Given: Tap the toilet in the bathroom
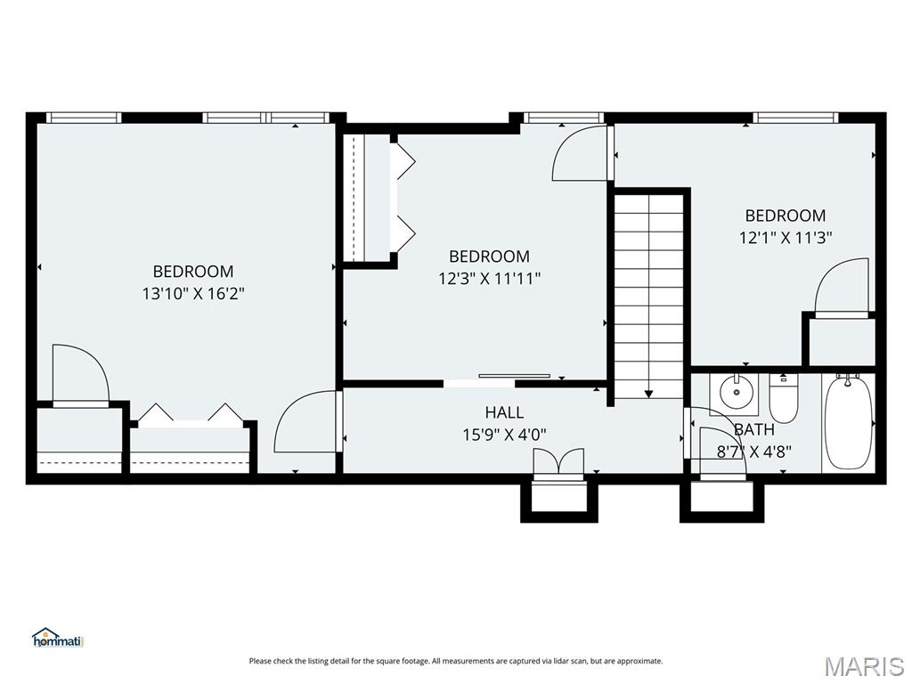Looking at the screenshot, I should click(783, 402).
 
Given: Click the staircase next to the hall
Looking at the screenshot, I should click(649, 294).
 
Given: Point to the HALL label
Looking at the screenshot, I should click(504, 412).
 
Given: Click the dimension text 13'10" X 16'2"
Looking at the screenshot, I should click(193, 293).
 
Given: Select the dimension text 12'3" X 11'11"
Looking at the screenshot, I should click(489, 278).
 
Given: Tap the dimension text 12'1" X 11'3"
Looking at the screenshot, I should click(786, 237).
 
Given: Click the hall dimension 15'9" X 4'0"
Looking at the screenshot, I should click(504, 435).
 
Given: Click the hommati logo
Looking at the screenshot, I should click(57, 638).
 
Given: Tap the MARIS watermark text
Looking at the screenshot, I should click(863, 665).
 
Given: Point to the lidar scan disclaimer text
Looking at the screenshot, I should click(456, 661).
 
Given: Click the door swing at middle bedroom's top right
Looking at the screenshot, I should click(581, 153).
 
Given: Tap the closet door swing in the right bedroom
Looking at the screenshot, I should click(843, 287).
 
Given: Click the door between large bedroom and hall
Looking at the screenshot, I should click(307, 423).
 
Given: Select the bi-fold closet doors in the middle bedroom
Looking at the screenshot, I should click(403, 193).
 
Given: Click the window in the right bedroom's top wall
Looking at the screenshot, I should click(795, 118).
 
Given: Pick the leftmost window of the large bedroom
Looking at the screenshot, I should click(83, 118).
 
